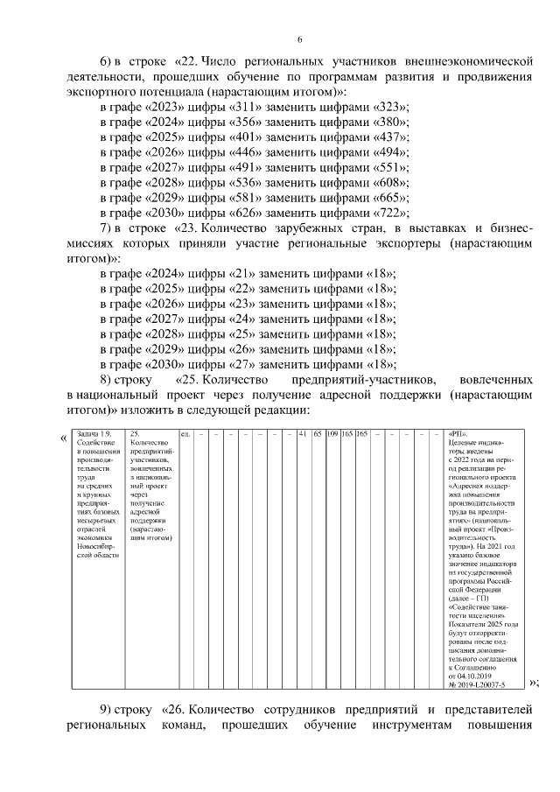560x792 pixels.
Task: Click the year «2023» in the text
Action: click(x=152, y=107)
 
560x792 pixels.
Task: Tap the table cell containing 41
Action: click(x=302, y=434)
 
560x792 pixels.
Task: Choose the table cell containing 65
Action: click(x=317, y=434)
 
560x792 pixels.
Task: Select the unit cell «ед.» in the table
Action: click(x=185, y=434)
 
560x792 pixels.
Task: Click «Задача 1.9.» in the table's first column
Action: click(x=94, y=434)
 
